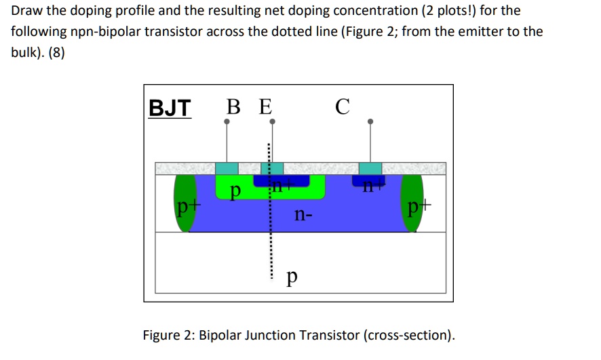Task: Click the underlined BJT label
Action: (x=170, y=108)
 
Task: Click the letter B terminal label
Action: (x=233, y=107)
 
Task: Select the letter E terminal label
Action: (x=265, y=107)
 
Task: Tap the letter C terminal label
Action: (x=343, y=106)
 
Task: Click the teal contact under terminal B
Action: (x=227, y=168)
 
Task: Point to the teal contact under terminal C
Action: (x=370, y=168)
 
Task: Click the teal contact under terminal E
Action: (x=273, y=168)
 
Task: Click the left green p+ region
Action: (x=184, y=203)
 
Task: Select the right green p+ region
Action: (x=413, y=203)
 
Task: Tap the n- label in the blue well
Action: (x=304, y=216)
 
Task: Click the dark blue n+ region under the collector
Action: (x=368, y=180)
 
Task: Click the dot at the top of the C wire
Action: (x=370, y=122)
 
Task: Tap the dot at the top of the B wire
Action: (x=227, y=122)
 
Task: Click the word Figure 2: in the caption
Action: (x=169, y=335)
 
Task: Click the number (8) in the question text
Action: (x=55, y=52)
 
